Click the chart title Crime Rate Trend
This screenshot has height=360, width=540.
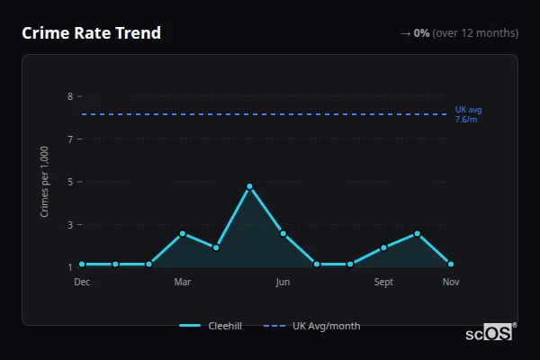(x=91, y=33)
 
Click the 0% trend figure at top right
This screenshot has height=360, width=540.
(x=421, y=33)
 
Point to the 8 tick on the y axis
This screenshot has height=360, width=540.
(x=70, y=95)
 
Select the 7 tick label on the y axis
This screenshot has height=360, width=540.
(x=70, y=139)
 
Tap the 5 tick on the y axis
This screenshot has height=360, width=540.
(x=70, y=182)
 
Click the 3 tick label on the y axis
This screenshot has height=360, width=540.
(x=70, y=224)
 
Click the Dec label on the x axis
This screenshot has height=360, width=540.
(x=82, y=282)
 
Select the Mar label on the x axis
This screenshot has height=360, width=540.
(x=183, y=282)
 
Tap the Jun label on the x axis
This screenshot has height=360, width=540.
(x=283, y=282)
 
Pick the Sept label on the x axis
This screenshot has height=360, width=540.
(x=383, y=282)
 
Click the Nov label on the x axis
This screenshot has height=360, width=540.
(x=451, y=282)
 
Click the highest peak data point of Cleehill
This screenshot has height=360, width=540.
(x=249, y=186)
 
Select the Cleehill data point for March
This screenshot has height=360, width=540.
(x=183, y=233)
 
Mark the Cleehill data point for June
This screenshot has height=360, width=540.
(x=283, y=233)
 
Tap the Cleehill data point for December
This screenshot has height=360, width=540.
(x=82, y=264)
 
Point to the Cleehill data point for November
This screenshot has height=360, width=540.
(x=451, y=264)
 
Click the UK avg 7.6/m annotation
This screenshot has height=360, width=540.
(x=468, y=114)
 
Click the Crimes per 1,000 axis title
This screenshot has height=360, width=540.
(x=45, y=181)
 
